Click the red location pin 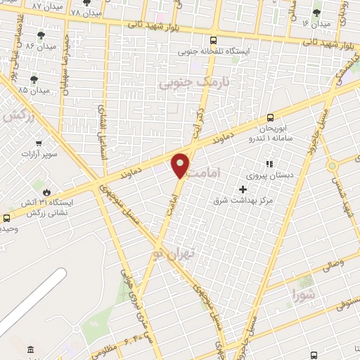tap(181, 165)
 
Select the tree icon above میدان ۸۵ tap(33, 79)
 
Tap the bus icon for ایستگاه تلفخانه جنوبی tap(213, 39)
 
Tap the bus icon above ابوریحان tap(271, 118)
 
